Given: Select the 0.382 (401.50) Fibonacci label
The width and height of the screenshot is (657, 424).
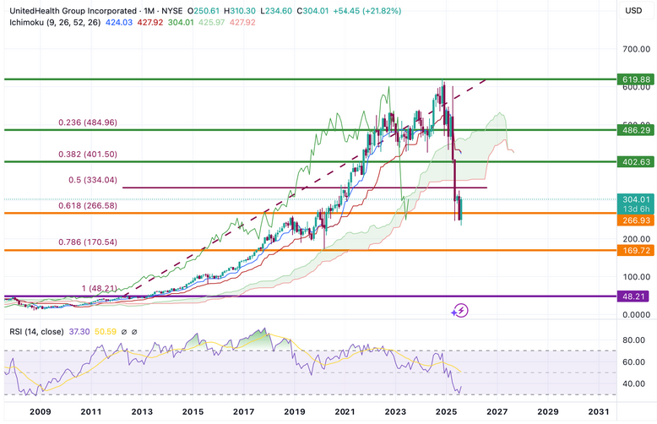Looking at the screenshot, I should (x=92, y=155).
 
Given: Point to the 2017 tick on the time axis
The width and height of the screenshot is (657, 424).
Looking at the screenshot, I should (x=243, y=411).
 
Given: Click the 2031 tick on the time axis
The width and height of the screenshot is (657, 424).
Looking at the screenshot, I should (x=598, y=411).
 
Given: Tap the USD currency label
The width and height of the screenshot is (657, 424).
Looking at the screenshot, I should (x=633, y=10).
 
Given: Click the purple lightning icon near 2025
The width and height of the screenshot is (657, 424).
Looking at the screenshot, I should (x=460, y=311).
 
